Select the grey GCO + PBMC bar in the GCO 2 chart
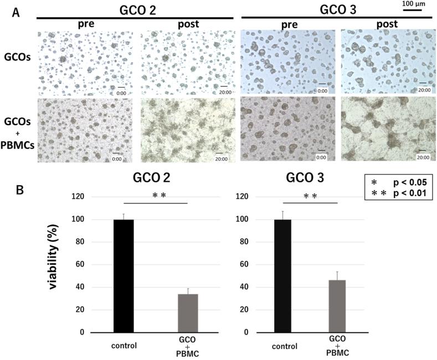[188, 313]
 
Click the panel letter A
[17, 12]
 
